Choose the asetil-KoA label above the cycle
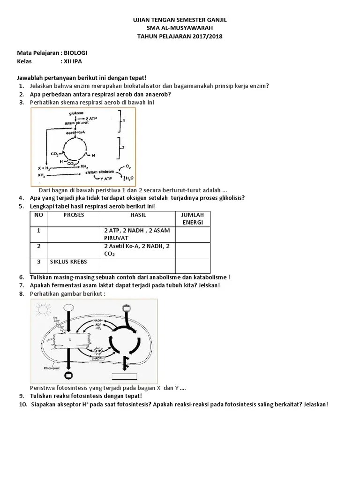click(75, 132)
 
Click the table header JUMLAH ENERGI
click(193, 218)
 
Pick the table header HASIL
click(138, 215)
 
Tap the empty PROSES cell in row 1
click(73, 234)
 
